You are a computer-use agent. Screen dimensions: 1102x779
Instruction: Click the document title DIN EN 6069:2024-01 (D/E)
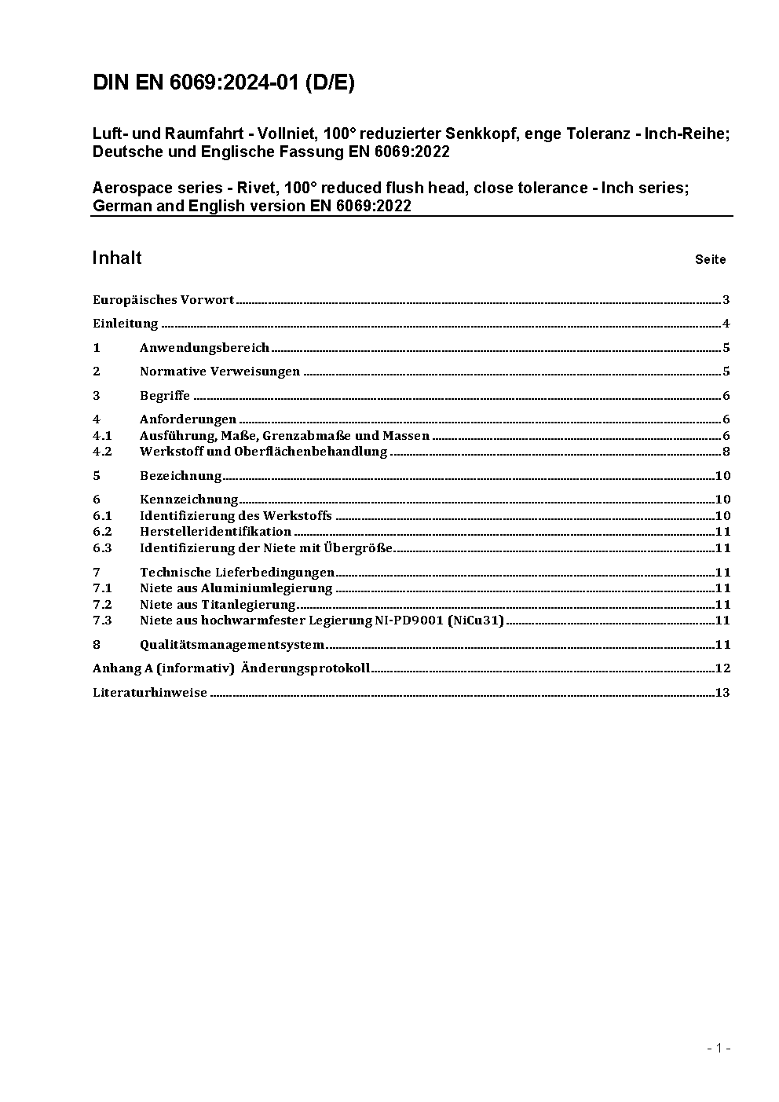pos(224,83)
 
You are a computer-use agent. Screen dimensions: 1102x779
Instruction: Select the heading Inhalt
pos(117,258)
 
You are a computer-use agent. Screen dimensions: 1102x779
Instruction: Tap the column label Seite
pos(710,260)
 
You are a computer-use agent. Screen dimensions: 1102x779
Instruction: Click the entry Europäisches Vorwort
pos(163,300)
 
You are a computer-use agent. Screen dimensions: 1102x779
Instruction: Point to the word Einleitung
pos(126,324)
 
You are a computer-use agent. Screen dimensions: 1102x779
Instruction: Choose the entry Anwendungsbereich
pos(204,348)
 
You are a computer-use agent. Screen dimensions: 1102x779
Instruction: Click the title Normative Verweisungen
pos(220,372)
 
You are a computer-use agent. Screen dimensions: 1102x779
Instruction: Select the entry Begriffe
pos(165,396)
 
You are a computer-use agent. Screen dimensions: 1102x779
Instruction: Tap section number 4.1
pos(102,436)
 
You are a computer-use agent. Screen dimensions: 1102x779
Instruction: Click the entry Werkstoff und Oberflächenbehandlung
pos(263,452)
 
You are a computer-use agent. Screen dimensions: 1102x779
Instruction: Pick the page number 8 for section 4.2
pos(726,452)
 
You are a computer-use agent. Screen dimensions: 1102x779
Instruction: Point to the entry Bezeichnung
pos(181,476)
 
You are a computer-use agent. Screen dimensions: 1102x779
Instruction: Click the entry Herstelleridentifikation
pos(215,532)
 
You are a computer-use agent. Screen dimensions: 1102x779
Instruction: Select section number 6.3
pos(102,548)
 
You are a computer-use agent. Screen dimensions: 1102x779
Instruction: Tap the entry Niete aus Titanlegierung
pos(218,605)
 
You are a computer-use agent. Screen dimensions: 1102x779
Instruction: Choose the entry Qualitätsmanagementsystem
pos(232,645)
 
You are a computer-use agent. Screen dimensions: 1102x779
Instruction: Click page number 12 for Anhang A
pos(723,668)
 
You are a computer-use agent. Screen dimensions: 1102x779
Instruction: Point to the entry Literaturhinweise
pos(150,693)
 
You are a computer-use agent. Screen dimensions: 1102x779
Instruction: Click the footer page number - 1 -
pos(719,1048)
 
